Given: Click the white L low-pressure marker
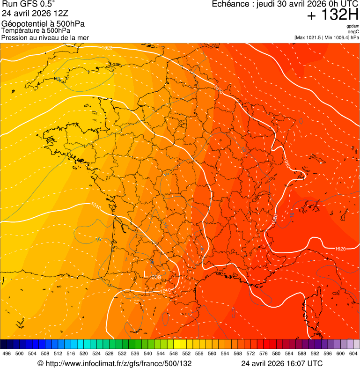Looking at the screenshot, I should pyautogui.click(x=146, y=273).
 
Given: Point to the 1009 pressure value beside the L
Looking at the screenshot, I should pyautogui.click(x=155, y=278).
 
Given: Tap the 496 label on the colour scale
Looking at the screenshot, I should pyautogui.click(x=7, y=353).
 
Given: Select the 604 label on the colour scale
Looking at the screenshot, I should pyautogui.click(x=353, y=353).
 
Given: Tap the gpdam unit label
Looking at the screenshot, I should pyautogui.click(x=353, y=26).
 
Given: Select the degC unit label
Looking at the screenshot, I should pyautogui.click(x=353, y=31).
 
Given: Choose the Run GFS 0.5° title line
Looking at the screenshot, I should pyautogui.click(x=28, y=5).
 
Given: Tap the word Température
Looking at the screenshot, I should pyautogui.click(x=19, y=30).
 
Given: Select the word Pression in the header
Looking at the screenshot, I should pyautogui.click(x=14, y=37).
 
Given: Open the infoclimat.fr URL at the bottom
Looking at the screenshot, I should pyautogui.click(x=114, y=363).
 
